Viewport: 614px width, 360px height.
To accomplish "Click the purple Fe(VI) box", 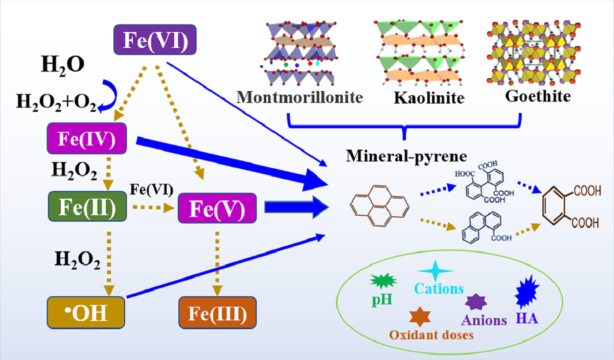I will click(155, 38).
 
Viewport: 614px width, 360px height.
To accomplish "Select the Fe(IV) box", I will click(87, 138).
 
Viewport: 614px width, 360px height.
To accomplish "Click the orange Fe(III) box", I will click(216, 313).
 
